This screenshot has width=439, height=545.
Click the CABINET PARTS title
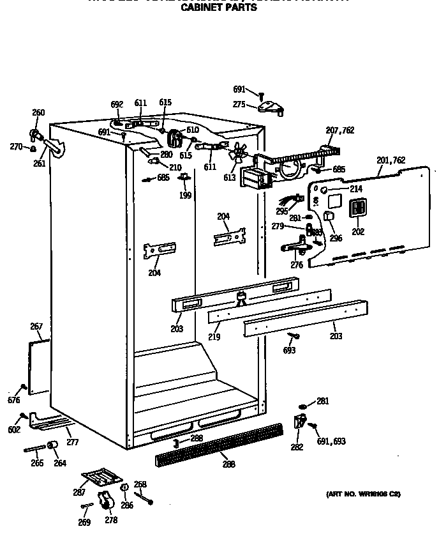219,8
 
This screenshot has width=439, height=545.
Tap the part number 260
38,113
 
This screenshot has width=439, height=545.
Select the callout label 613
228,178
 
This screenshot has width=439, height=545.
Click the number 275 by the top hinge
239,105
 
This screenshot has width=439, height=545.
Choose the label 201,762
391,160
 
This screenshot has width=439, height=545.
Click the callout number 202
358,231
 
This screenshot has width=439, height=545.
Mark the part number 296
336,238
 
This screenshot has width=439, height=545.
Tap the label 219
214,336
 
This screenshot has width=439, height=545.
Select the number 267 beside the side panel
36,326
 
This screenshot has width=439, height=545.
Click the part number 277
72,441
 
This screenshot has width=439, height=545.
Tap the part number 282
297,447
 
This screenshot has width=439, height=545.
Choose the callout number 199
185,195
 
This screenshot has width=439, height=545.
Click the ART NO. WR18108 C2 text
363,494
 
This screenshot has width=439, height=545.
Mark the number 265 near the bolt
38,463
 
